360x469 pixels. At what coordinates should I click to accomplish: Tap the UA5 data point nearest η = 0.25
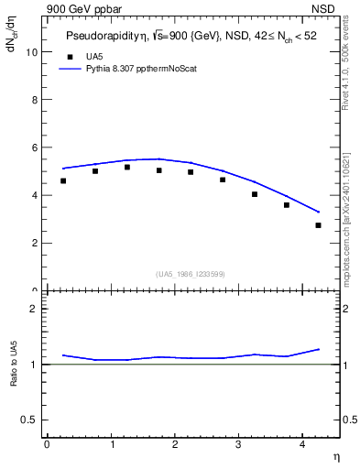pos(63,180)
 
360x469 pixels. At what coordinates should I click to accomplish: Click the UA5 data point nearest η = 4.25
pos(318,225)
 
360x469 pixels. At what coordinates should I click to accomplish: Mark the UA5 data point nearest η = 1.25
pos(127,167)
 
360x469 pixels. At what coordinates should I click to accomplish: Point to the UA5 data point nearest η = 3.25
pos(255,194)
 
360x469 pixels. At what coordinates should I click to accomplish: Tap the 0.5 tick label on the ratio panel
pos(28,420)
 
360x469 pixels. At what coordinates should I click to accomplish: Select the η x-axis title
pos(335,455)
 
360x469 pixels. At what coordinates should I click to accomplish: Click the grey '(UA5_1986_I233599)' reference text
pos(191,274)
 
